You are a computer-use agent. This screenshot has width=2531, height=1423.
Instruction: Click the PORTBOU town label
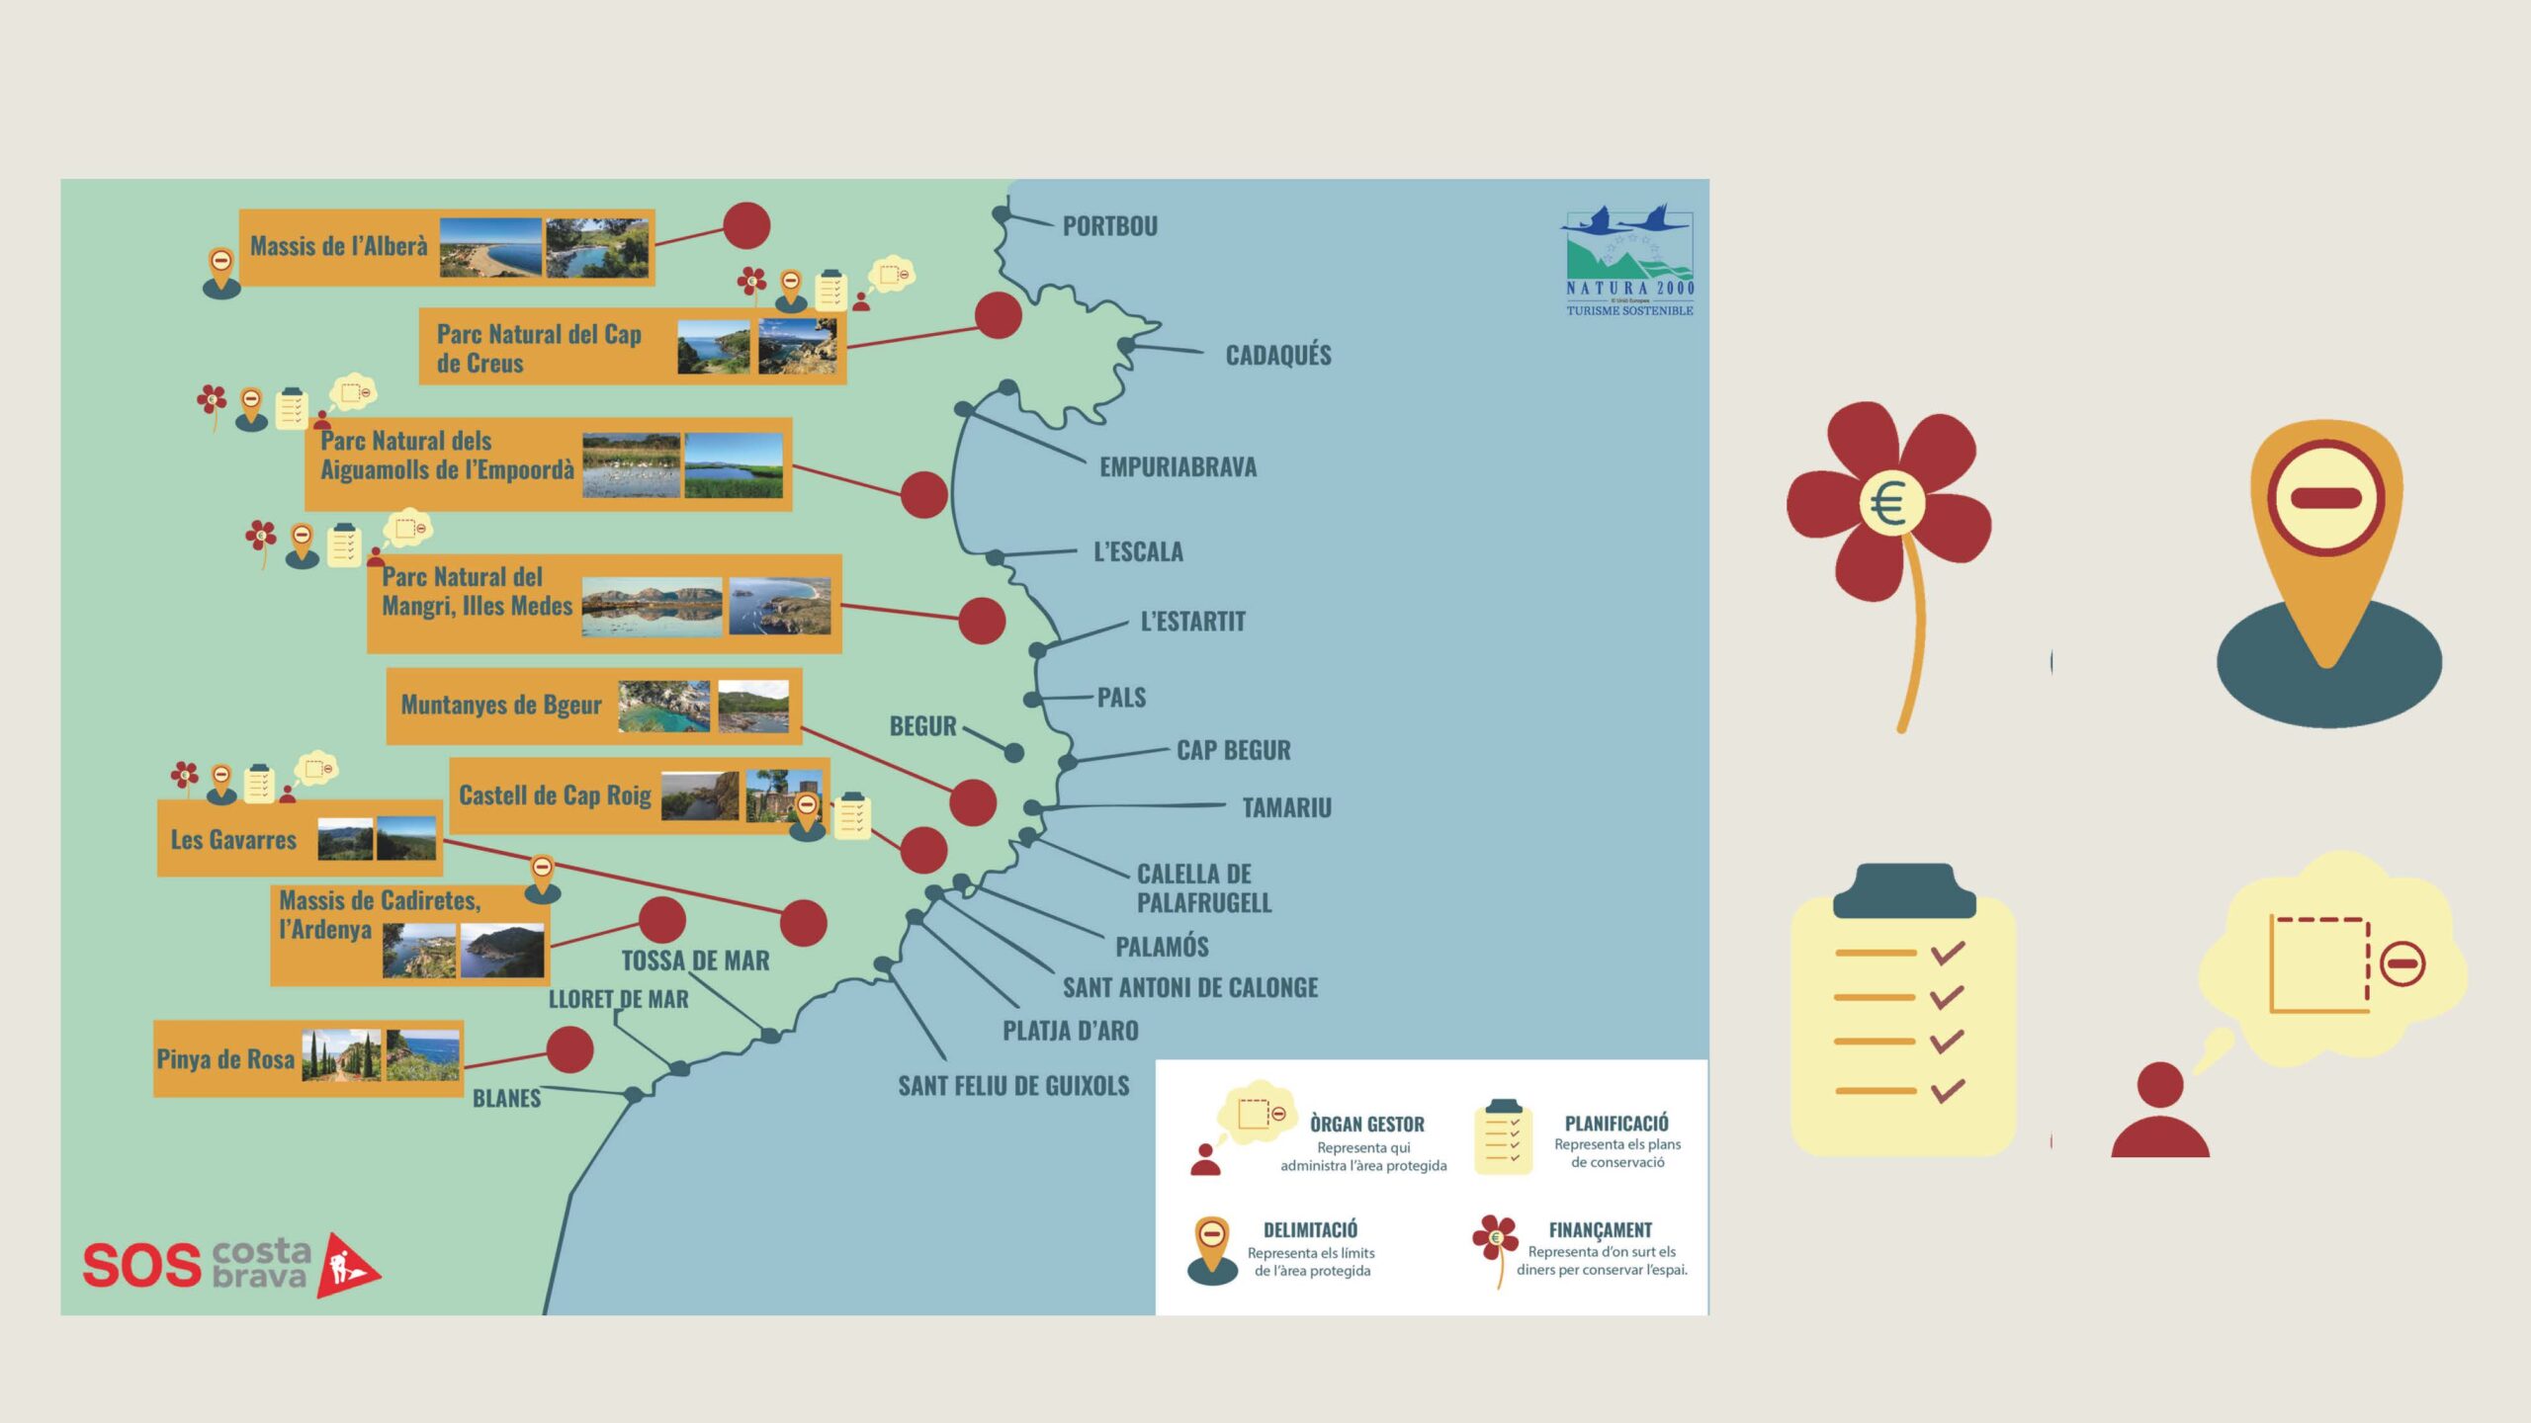[1109, 226]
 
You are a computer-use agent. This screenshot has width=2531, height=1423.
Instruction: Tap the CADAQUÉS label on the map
[1277, 355]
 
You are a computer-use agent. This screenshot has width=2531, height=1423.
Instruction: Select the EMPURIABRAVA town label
[1178, 466]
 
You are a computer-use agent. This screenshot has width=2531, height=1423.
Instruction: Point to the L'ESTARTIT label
[1192, 622]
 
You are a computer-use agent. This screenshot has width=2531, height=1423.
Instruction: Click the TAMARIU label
[1286, 808]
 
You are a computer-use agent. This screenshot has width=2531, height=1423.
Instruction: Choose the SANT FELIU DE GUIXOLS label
[1013, 1086]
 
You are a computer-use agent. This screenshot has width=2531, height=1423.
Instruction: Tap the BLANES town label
[506, 1099]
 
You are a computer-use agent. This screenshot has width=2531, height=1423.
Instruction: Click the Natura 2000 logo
[1628, 261]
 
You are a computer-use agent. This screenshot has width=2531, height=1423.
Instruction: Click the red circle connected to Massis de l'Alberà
[746, 226]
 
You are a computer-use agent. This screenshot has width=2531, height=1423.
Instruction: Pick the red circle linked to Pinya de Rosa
[569, 1049]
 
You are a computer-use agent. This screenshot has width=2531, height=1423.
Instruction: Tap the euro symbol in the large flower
[1889, 505]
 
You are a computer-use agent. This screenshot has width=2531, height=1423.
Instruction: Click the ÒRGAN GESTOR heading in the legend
[1366, 1125]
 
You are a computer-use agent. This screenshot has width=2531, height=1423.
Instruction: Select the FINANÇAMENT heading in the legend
[1600, 1230]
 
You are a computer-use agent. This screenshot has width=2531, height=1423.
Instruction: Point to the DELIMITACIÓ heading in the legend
[1310, 1230]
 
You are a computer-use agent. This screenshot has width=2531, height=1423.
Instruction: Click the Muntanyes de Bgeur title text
[501, 706]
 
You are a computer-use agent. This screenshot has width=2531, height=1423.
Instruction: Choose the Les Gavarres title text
[233, 840]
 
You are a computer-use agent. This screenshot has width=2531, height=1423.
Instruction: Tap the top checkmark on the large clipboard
[1947, 953]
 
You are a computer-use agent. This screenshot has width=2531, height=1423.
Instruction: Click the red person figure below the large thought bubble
[2159, 1111]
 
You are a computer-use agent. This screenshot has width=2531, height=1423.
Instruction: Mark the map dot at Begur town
[1013, 753]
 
